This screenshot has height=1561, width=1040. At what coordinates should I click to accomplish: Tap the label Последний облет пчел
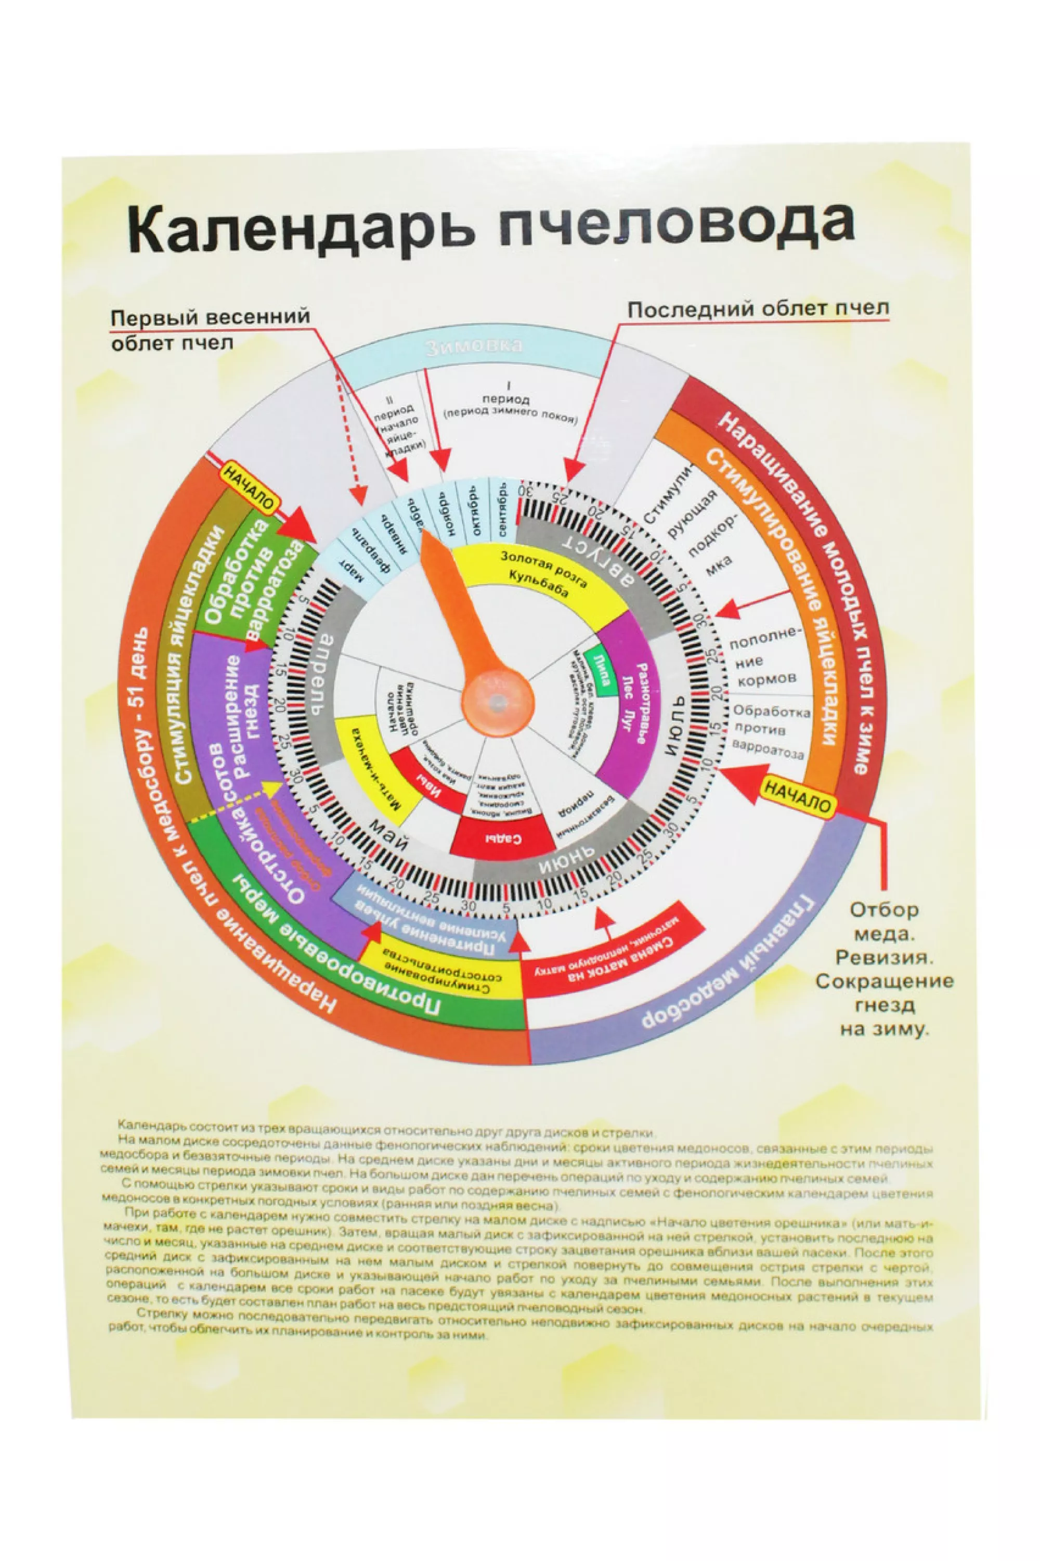coord(758,310)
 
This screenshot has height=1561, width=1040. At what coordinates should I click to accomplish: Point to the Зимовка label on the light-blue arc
coord(474,346)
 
